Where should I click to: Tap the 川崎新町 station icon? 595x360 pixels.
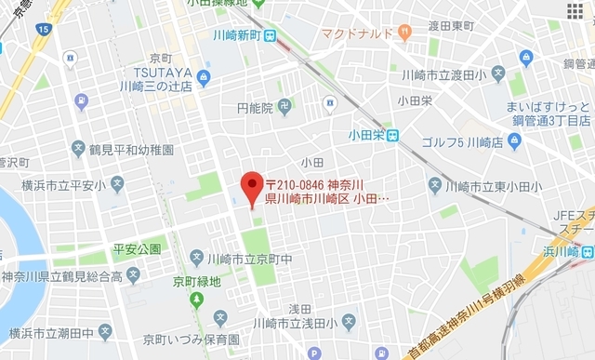click(x=270, y=37)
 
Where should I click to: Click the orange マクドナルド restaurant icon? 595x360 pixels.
click(x=403, y=33)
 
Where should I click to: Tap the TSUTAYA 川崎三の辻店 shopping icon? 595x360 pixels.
click(x=204, y=77)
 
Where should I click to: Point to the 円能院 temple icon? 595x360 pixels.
click(x=284, y=107)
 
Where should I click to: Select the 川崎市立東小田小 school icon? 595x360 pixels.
click(x=434, y=186)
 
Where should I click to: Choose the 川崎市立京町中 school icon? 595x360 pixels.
click(x=197, y=257)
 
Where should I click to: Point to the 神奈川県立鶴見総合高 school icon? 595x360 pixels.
click(x=133, y=275)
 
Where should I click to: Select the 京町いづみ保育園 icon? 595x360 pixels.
click(x=105, y=330)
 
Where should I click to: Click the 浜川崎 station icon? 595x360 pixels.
click(x=588, y=251)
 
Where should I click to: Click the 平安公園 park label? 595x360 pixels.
click(x=137, y=249)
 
